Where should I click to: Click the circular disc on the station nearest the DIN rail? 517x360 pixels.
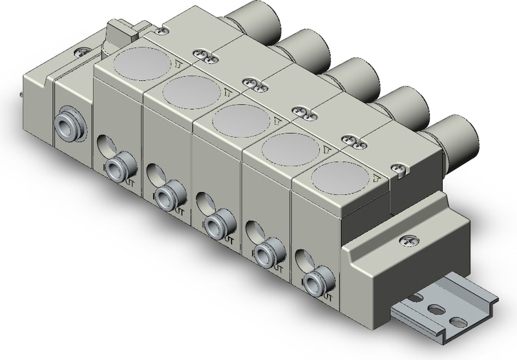(339, 177)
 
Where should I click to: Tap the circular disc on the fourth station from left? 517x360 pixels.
(290, 148)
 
